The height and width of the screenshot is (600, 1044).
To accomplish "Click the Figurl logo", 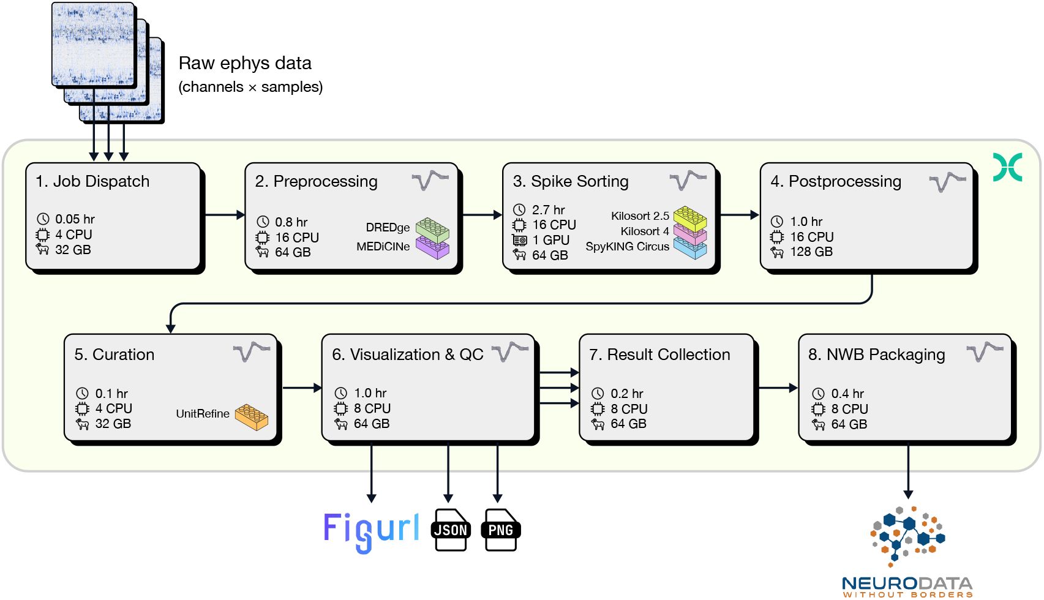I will [x=371, y=531].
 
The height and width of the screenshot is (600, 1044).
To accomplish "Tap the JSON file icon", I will [x=451, y=530].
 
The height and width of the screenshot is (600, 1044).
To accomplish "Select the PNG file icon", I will [x=501, y=530].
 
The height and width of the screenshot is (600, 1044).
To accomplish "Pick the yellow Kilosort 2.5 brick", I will [x=690, y=218].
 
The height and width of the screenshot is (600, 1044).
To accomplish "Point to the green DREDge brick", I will [x=432, y=229].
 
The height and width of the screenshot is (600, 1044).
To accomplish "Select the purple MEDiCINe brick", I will [x=432, y=247].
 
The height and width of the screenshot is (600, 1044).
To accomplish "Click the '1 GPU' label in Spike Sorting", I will [x=550, y=240].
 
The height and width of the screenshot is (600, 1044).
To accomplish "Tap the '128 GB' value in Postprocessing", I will [x=811, y=252].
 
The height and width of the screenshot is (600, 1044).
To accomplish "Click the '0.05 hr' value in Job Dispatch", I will [x=75, y=219].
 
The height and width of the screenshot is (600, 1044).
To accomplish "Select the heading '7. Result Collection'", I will [x=659, y=354].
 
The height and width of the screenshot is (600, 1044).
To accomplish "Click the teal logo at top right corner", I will [x=1007, y=167].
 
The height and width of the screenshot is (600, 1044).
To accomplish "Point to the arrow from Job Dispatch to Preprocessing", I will [x=224, y=215].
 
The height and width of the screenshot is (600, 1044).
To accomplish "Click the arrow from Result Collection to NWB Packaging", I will [x=778, y=388].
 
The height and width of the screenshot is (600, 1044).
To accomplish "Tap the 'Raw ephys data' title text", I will [x=245, y=63].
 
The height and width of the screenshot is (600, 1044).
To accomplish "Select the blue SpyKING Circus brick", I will [x=690, y=248].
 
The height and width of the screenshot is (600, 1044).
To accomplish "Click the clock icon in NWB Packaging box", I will [x=818, y=394].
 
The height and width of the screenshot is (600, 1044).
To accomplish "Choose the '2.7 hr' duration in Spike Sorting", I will [x=548, y=210].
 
